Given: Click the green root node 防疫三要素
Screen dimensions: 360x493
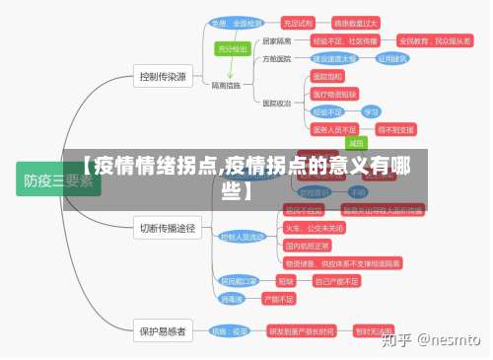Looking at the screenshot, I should [57, 180].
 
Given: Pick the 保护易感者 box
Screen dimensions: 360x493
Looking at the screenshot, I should [162, 330].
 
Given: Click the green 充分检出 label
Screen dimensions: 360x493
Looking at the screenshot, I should [233, 47].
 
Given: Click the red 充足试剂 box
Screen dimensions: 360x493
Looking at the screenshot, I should [297, 22].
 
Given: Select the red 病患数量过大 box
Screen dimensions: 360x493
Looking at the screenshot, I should [356, 22].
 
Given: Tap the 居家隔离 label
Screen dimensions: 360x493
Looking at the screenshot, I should [276, 40].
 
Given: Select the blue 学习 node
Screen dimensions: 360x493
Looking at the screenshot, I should [370, 111].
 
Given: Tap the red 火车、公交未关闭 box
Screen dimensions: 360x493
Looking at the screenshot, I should [314, 226].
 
